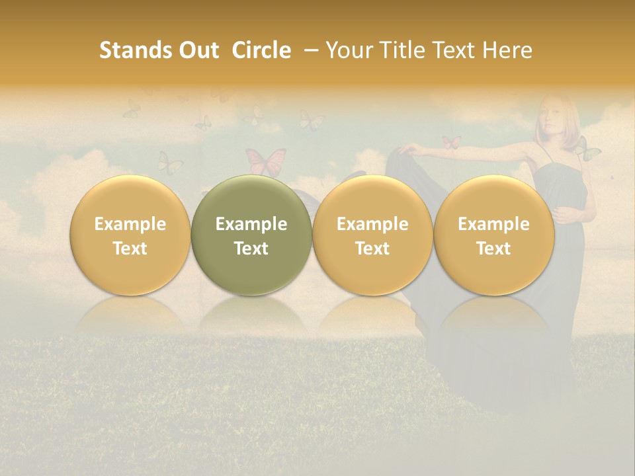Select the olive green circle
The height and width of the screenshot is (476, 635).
pyautogui.click(x=251, y=235)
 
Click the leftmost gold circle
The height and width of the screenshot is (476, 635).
pyautogui.click(x=130, y=235)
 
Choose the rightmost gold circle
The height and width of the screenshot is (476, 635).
pyautogui.click(x=494, y=235)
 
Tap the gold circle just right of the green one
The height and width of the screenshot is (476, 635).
pyautogui.click(x=372, y=235)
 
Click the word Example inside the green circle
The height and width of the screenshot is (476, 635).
pyautogui.click(x=251, y=224)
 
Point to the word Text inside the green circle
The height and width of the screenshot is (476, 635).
pyautogui.click(x=251, y=249)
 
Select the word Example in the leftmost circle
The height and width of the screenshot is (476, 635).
pyautogui.click(x=130, y=224)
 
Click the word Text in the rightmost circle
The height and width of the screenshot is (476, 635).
pyautogui.click(x=494, y=249)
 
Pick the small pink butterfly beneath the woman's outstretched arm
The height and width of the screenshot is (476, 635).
pyautogui.click(x=451, y=141)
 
